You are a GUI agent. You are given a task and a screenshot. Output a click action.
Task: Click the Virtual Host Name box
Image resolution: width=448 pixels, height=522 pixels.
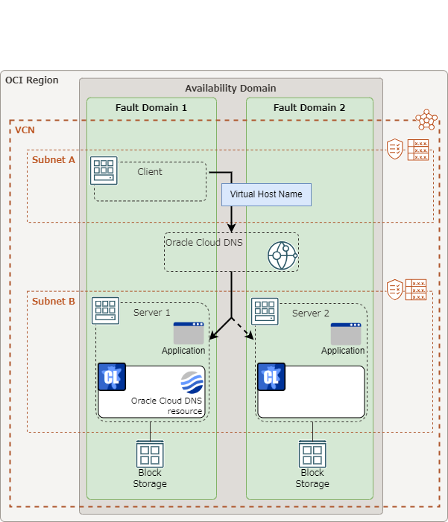[266, 194]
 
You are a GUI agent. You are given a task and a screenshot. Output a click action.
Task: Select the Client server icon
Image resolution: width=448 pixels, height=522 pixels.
[104, 170]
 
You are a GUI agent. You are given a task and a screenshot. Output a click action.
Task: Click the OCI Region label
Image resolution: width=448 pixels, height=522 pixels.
[31, 80]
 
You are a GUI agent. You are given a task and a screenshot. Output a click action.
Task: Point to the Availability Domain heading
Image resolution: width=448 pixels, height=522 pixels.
[230, 88]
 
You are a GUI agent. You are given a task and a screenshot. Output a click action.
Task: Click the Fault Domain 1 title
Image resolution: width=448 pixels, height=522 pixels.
[151, 108]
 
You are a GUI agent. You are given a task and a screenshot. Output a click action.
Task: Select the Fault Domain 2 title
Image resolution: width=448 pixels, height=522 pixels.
[309, 108]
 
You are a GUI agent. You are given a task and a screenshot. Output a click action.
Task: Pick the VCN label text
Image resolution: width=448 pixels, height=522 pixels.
[25, 130]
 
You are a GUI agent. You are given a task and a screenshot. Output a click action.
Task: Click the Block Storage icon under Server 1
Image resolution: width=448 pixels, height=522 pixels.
[150, 453]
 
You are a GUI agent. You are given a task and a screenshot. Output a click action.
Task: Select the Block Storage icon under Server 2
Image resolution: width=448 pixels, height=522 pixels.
[312, 453]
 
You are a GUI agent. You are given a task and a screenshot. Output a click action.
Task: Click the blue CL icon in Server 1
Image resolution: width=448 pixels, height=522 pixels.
[112, 377]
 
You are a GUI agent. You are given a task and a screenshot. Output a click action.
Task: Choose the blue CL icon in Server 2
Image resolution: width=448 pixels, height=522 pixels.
[271, 377]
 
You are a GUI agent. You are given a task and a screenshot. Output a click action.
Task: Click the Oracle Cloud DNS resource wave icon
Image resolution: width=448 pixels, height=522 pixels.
[192, 382]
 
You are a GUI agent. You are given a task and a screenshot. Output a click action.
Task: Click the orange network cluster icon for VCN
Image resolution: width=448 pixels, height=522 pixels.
[426, 119]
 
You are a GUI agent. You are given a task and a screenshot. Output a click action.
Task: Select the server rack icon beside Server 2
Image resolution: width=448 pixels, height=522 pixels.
[265, 311]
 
